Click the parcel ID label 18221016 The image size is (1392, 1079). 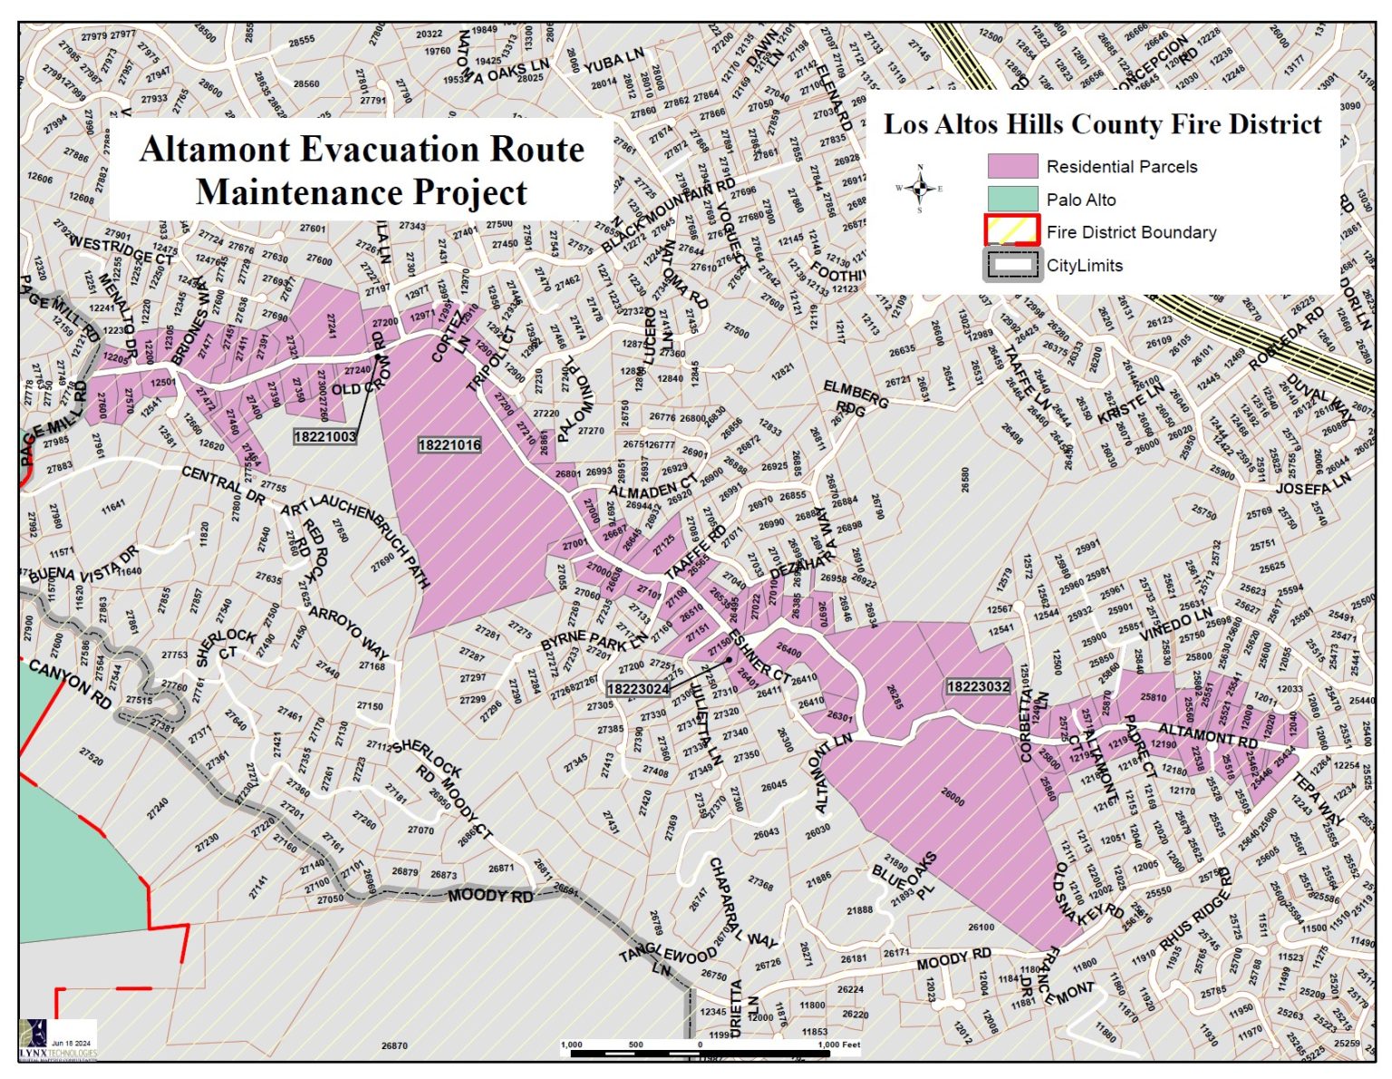coord(449,444)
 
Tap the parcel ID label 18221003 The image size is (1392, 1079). coord(325,437)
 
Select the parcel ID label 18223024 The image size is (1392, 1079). coord(638,689)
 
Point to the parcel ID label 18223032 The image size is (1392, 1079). coord(978,686)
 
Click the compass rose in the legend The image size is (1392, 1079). coord(920,189)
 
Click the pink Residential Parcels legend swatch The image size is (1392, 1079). coord(1011,166)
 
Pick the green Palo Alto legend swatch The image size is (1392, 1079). coord(1011,199)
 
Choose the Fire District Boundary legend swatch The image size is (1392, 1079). coord(1011,231)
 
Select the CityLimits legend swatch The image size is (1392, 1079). coord(1011,265)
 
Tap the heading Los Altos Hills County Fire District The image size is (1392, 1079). coord(1102,124)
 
